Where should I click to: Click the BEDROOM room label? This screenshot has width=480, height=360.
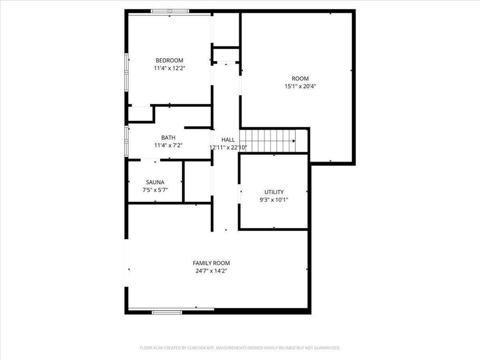click(169, 60)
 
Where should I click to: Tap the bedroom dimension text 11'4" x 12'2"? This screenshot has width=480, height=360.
click(169, 68)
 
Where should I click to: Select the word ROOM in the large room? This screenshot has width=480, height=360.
click(300, 79)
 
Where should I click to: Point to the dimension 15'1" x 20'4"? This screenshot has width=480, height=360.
click(300, 86)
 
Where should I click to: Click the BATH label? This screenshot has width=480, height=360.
click(168, 138)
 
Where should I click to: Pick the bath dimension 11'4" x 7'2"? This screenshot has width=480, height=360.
click(168, 145)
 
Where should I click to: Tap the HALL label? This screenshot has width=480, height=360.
click(228, 140)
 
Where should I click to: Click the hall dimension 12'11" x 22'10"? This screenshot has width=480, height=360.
click(228, 148)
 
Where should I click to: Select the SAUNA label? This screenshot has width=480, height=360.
click(155, 182)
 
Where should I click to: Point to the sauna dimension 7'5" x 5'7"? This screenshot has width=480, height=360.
click(155, 190)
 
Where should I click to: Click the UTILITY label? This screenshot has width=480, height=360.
click(274, 192)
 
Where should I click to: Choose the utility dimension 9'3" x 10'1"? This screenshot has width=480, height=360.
click(274, 200)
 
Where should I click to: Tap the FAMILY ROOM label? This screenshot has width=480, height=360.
click(211, 263)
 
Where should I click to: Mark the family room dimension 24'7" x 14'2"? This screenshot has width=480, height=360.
click(211, 271)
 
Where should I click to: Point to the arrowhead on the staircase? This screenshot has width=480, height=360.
click(294, 141)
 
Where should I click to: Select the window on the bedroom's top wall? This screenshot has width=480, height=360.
click(170, 11)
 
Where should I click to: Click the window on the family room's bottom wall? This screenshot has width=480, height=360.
click(167, 312)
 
